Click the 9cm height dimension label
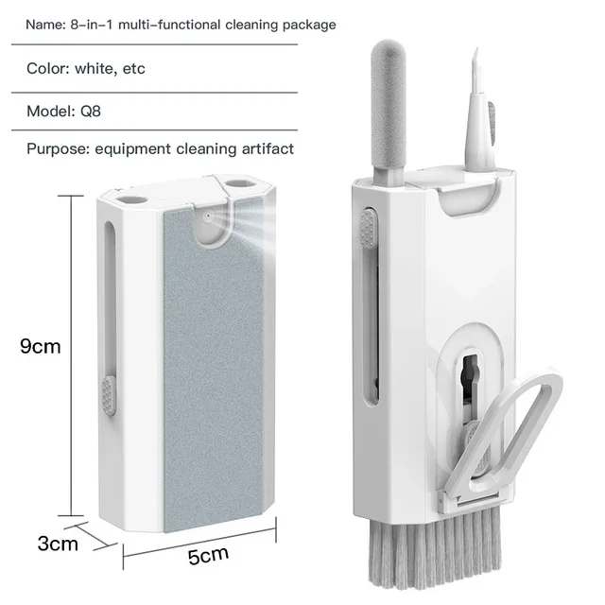[40, 346]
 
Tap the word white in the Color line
[94, 68]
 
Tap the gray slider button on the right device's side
[364, 227]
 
